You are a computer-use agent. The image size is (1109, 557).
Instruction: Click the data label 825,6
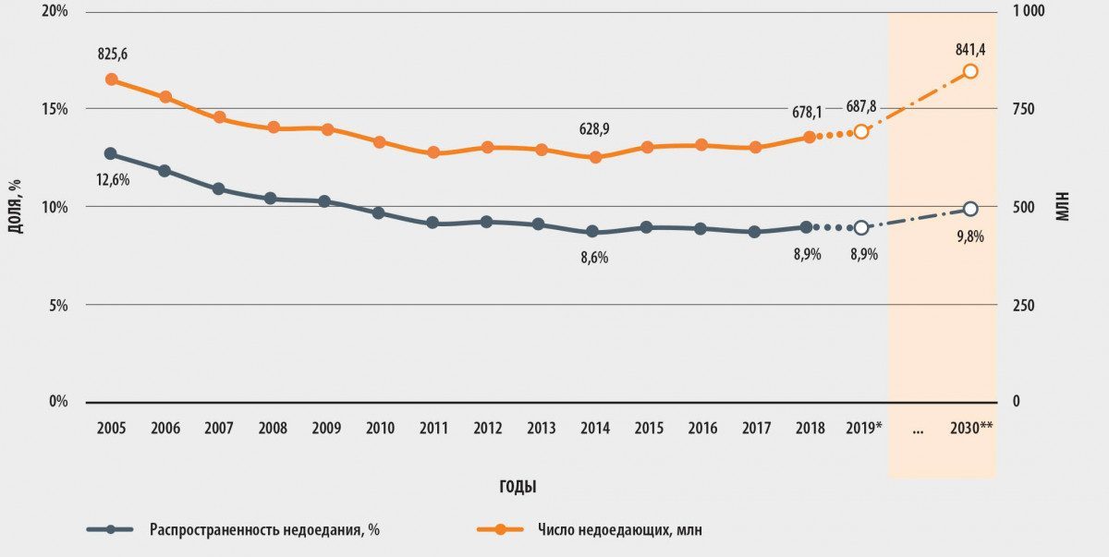pyautogui.click(x=113, y=54)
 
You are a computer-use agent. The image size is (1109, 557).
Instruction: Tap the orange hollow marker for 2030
pyautogui.click(x=970, y=71)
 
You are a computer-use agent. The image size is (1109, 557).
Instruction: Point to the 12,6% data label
pyautogui.click(x=113, y=179)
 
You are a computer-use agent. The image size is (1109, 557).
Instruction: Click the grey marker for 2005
pyautogui.click(x=111, y=153)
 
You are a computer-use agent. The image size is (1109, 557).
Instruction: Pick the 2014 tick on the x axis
pyautogui.click(x=594, y=429)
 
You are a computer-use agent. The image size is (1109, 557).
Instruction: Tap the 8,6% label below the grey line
pyautogui.click(x=594, y=258)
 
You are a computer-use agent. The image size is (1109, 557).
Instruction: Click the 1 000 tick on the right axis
pyautogui.click(x=1029, y=11)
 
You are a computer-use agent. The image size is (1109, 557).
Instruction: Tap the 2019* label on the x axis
pyautogui.click(x=864, y=429)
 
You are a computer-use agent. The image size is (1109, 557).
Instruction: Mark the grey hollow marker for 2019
pyautogui.click(x=861, y=227)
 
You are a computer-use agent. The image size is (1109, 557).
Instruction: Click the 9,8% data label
pyautogui.click(x=969, y=236)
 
